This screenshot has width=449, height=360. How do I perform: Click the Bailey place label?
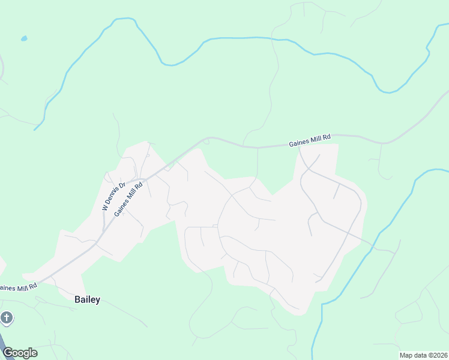[x=87, y=299]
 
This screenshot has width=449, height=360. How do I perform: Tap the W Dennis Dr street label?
[x=113, y=196]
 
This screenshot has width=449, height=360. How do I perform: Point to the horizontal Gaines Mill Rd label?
[x=310, y=140]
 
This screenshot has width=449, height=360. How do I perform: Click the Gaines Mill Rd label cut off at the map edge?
[x=19, y=287]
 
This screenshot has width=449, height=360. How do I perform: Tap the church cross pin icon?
[x=7, y=317]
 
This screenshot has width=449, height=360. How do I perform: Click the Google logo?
[x=20, y=353]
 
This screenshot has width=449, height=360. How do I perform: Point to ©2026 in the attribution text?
[x=438, y=355]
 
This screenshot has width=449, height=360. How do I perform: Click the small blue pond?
[x=24, y=38]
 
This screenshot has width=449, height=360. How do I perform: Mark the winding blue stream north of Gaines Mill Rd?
[x=240, y=38]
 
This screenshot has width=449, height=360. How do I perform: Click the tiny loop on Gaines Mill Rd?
[x=206, y=140]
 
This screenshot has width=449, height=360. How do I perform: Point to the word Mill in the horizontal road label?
[x=314, y=140]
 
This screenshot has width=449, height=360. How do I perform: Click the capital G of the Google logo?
[x=8, y=353]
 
